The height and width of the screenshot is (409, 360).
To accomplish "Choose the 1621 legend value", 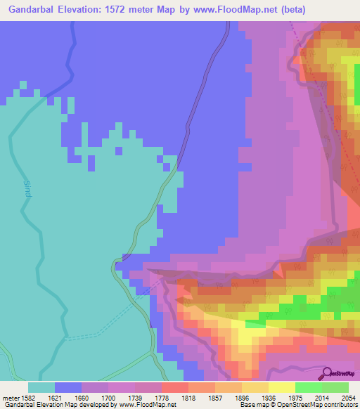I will pos(67,398).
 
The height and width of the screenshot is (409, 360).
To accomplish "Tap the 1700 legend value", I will pos(121,398).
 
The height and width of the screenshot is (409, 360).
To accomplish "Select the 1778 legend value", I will pos(174,398).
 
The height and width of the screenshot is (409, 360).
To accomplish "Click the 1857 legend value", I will pos(229,398).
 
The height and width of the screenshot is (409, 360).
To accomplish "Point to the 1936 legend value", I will pos(282,398).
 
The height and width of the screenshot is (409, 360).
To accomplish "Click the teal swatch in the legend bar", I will pos(41,387).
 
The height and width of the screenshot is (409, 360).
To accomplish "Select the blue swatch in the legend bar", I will pos(67,387).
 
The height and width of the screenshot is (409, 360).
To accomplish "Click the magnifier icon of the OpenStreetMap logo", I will pos(326,372).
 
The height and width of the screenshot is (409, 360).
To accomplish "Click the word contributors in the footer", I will pos(341,405).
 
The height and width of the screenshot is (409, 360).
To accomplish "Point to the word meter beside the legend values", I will pos(11,398).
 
